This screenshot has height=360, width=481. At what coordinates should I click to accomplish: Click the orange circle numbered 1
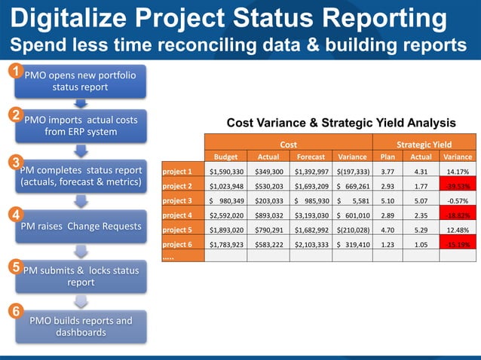(13, 72)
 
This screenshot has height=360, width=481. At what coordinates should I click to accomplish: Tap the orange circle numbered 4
(13, 214)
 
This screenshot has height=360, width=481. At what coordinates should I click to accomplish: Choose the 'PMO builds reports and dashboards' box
(80, 326)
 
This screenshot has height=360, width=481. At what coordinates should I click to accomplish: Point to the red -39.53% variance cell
(458, 185)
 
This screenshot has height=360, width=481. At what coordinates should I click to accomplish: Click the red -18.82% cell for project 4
(458, 215)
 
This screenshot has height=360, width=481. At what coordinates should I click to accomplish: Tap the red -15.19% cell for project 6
(458, 244)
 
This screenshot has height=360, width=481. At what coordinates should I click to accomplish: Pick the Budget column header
(226, 157)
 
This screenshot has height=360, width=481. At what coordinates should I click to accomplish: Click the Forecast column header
(310, 157)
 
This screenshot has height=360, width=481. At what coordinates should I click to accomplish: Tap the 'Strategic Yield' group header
(424, 143)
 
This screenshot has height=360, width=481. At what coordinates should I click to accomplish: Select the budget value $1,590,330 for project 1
(226, 172)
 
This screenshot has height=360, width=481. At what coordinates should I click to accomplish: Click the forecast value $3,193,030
(310, 215)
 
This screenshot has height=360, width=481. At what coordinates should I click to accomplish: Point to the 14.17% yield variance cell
(458, 172)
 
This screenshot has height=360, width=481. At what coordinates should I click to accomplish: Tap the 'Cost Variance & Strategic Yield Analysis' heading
(341, 123)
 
